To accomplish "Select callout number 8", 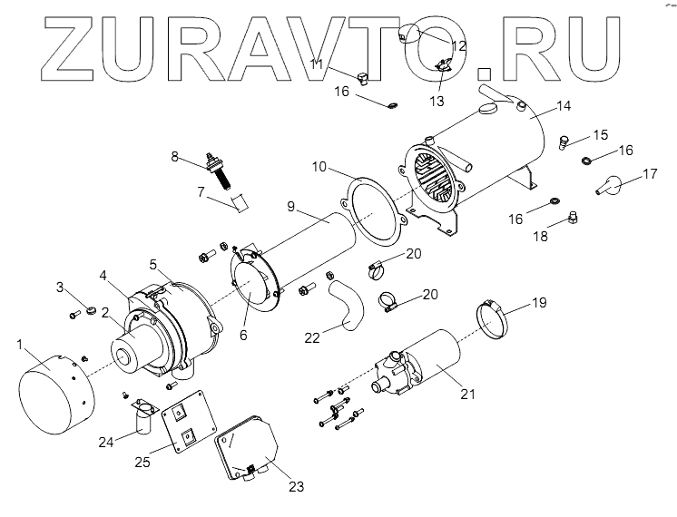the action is pos(175,156).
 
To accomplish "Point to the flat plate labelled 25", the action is pos(185,426).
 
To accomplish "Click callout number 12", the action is pos(459,44).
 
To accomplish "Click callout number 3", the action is pos(62,288).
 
